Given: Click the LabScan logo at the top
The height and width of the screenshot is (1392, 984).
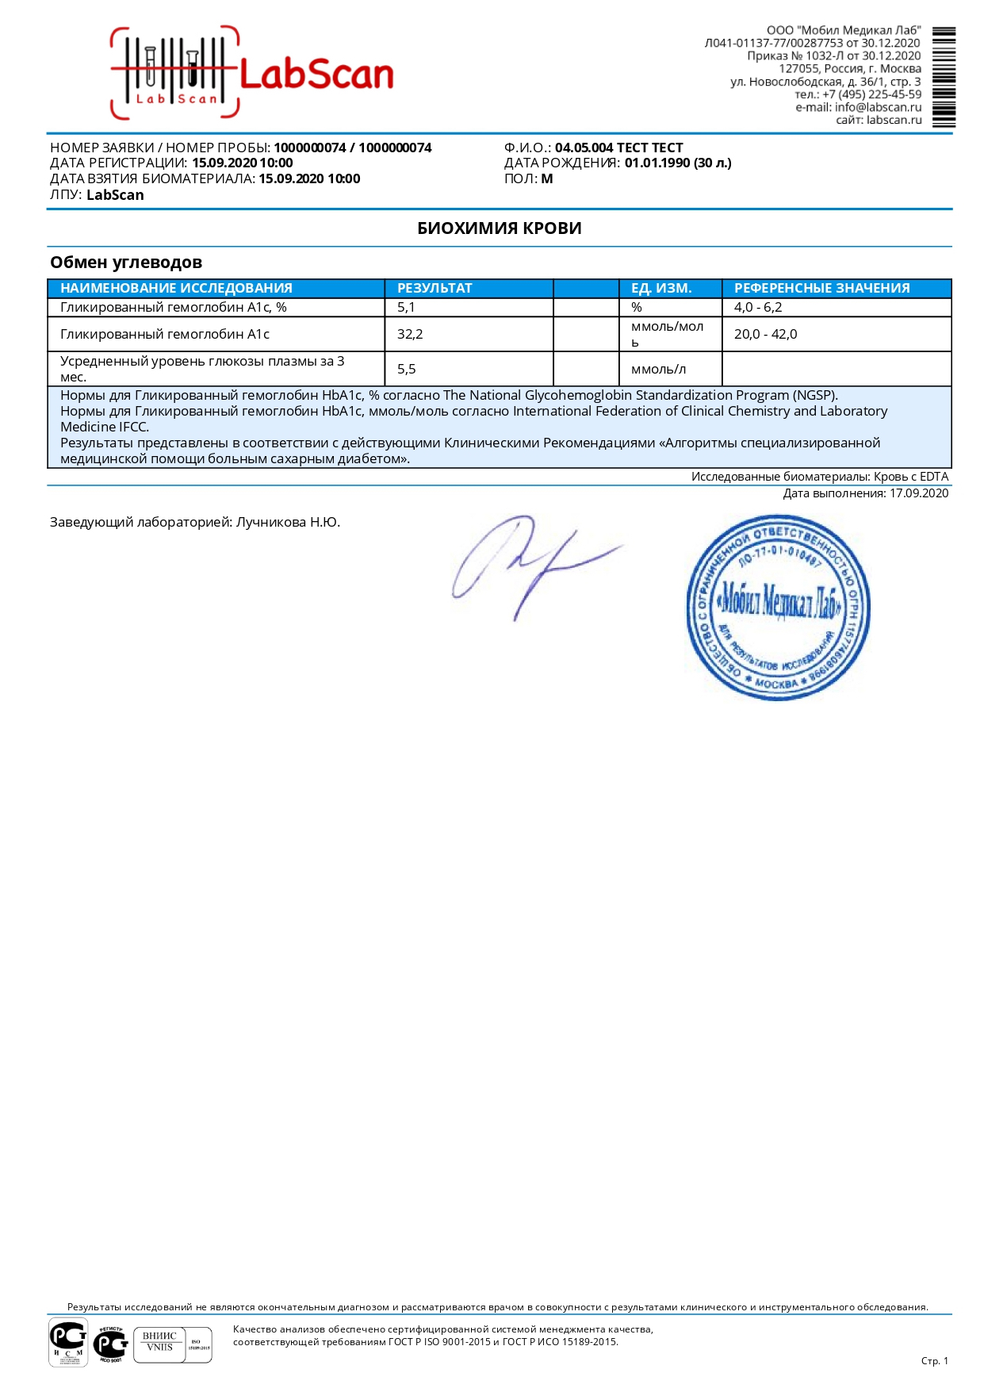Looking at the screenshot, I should coord(252,73).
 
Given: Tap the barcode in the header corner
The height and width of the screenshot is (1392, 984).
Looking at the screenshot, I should coord(943,77).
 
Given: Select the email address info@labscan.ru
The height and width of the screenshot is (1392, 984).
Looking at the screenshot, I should coord(878,107).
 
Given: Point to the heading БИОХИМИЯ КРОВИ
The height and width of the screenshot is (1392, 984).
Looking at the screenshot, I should coord(499,228).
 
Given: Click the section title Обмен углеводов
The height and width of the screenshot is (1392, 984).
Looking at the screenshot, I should coord(126,263).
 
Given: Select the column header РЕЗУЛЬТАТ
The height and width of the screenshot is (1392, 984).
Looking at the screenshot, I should coord(435,288).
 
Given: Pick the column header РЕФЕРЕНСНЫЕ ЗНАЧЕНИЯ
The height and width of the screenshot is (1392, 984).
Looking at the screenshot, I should coord(821,288).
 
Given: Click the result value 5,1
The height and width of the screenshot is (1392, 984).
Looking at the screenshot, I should coord(406,307).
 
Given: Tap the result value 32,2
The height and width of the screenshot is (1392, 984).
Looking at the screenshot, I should coord(410,334).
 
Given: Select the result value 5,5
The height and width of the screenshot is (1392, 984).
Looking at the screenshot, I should coord(407,369).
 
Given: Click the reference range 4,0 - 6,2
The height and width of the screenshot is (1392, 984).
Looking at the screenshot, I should coord(758,307).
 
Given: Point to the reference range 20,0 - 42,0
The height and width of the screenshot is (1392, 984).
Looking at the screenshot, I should coord(765,334).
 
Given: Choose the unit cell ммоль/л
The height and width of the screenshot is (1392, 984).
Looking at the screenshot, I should coord(658,369).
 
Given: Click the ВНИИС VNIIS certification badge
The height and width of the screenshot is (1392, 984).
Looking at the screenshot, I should coord(160,1344).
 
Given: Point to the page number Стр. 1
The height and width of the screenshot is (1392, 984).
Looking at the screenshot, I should coord(934,1361).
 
